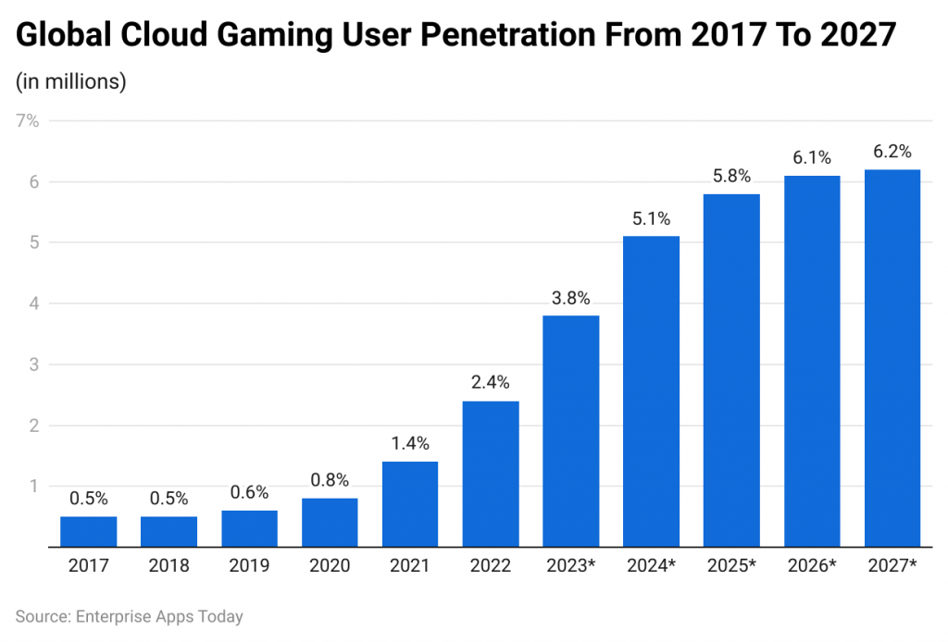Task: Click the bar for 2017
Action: click(89, 532)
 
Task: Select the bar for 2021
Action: click(410, 504)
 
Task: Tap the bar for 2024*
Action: click(651, 391)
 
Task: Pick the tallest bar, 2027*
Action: click(892, 358)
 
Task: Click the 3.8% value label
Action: click(570, 299)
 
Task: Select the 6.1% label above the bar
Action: click(812, 158)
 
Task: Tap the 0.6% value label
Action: click(249, 493)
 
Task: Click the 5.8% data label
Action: click(731, 177)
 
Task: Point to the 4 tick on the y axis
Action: click(33, 303)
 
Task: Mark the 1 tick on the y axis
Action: click(33, 486)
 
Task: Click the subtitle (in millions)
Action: click(70, 81)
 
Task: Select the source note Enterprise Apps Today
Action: click(130, 616)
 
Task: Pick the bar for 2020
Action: click(330, 523)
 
